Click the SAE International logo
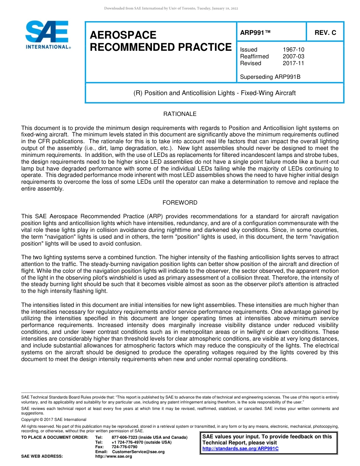pyautogui.click(x=47, y=34)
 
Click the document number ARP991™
pyautogui.click(x=255, y=33)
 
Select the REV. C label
pyautogui.click(x=325, y=33)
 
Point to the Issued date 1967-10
pyautogui.click(x=293, y=50)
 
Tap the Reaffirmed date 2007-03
pyautogui.click(x=293, y=56)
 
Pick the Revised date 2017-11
pyautogui.click(x=293, y=63)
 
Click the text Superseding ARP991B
pyautogui.click(x=270, y=77)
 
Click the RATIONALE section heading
pyautogui.click(x=180, y=114)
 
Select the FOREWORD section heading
pyautogui.click(x=180, y=203)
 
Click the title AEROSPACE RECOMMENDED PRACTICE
pyautogui.click(x=160, y=41)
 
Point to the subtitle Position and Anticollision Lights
pyautogui.click(x=214, y=93)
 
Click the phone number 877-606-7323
pyautogui.click(x=128, y=438)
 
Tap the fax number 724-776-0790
pyautogui.click(x=124, y=447)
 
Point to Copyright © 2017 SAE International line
pyautogui.click(x=54, y=419)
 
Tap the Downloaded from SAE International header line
pyautogui.click(x=171, y=8)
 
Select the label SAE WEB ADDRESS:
pyautogui.click(x=42, y=457)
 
